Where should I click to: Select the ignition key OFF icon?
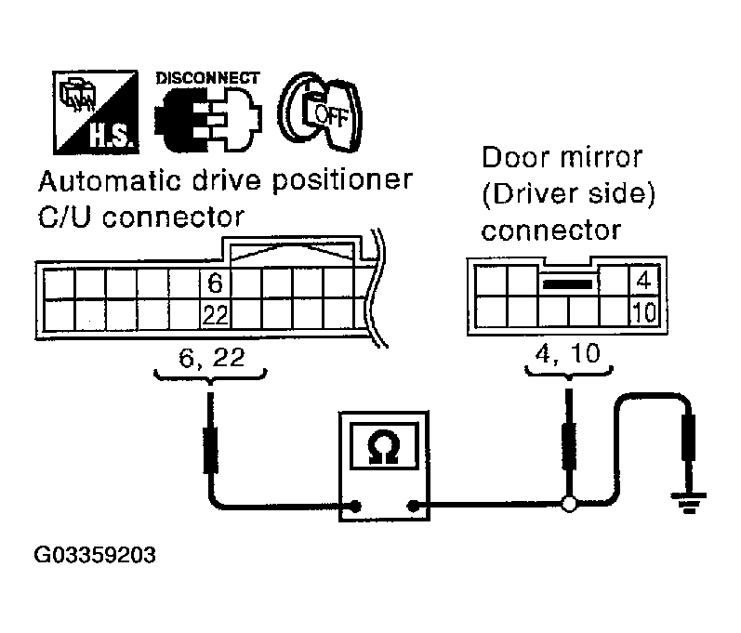[x=322, y=112]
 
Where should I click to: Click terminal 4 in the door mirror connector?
[x=644, y=279]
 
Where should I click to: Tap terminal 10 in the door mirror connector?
[x=643, y=310]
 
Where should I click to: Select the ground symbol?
[x=689, y=508]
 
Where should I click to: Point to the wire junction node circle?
[x=567, y=506]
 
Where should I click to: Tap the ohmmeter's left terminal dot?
[x=353, y=507]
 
